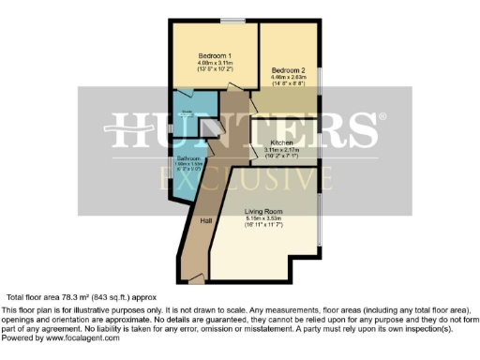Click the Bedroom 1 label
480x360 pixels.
click(215, 55)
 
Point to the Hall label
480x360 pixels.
click(207, 220)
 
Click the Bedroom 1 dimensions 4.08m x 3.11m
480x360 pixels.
click(215, 63)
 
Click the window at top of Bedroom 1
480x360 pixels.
click(240, 21)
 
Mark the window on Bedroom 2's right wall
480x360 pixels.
click(318, 80)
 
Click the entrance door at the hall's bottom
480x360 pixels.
click(195, 278)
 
